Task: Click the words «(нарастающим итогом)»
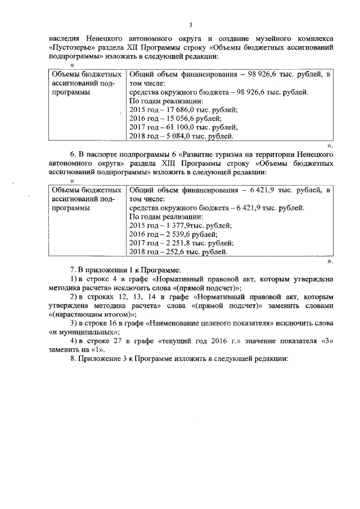[x=92, y=314]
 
